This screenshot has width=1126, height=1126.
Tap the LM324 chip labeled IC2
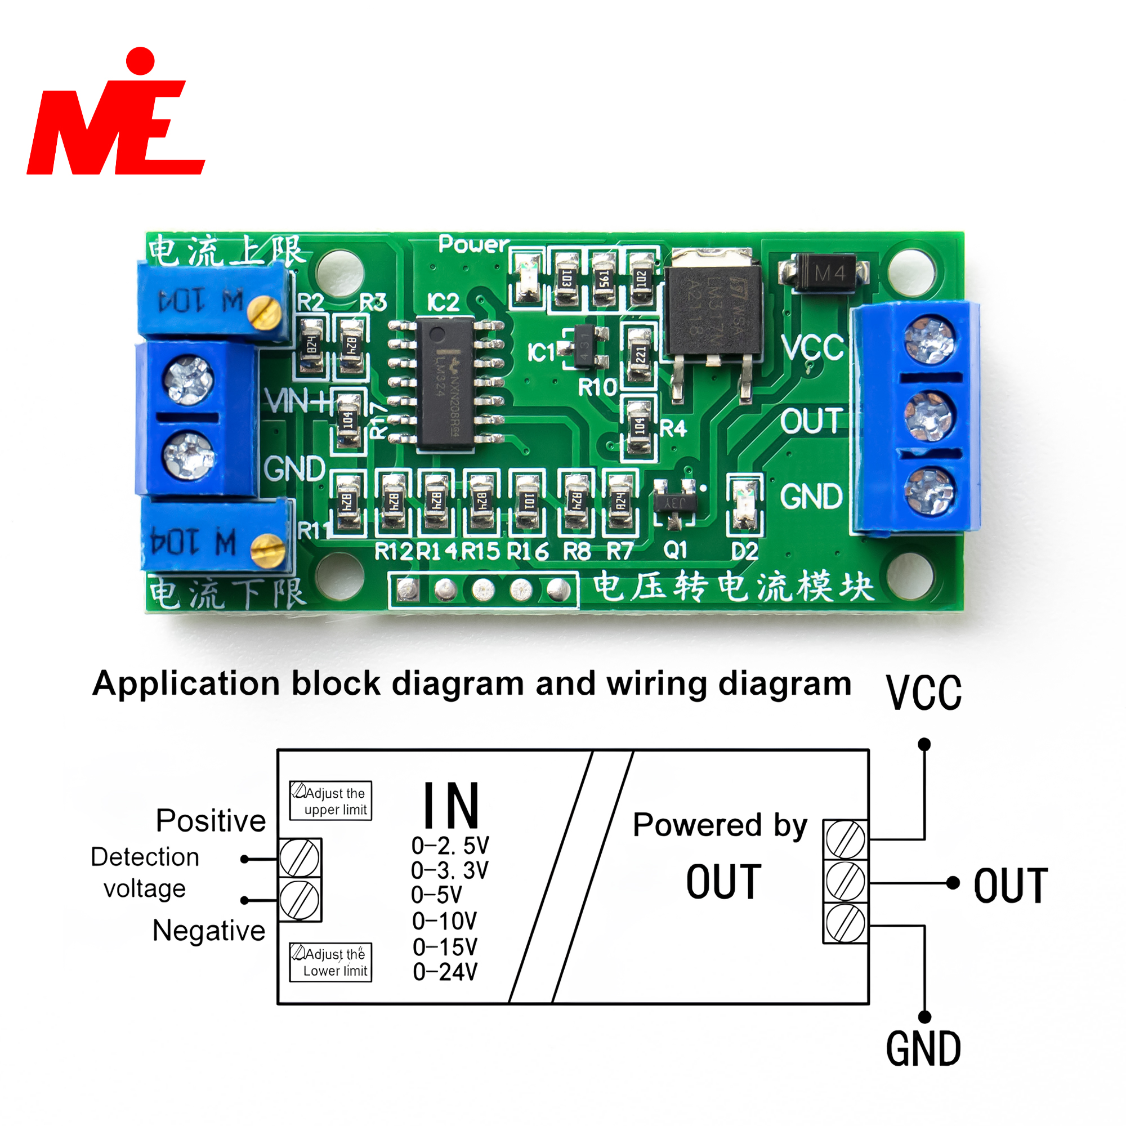pos(445,382)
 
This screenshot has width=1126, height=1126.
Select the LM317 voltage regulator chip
pos(713,309)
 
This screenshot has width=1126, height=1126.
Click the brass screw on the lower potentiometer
pos(267,549)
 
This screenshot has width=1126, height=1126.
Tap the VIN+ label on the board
pos(295,401)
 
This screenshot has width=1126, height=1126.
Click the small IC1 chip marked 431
pos(584,347)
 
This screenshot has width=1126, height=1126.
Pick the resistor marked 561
pos(604,280)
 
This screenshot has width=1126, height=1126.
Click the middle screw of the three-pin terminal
pos(929,416)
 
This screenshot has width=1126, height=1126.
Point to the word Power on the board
pos(474,244)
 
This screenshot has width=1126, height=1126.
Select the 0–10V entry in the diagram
pos(444,922)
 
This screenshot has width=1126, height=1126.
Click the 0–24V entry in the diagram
pos(445,972)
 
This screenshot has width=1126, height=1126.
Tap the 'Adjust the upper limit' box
pos(330,801)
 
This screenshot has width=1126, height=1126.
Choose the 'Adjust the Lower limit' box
pos(330,962)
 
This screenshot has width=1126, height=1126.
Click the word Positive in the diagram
pos(211,821)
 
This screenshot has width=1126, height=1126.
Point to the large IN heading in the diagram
pos(451,806)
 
